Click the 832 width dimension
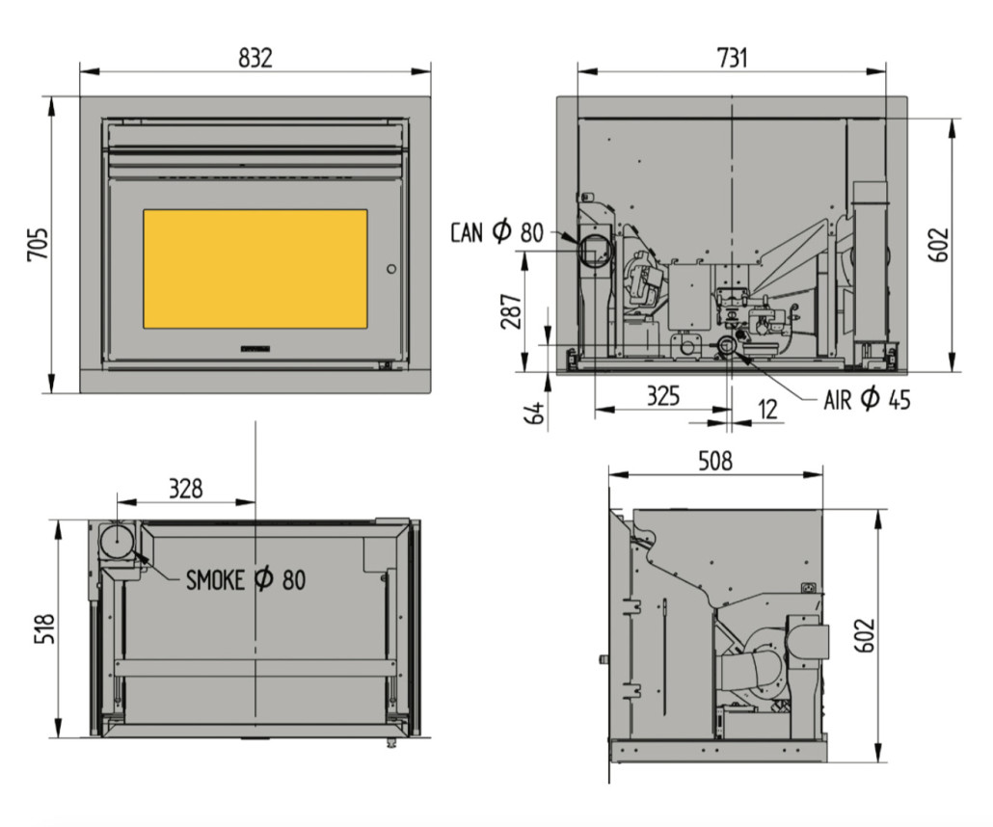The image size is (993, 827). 255,58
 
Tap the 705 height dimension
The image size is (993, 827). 38,244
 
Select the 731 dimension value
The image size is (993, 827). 732,58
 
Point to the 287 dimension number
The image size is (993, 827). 511,311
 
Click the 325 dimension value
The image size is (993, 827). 662,396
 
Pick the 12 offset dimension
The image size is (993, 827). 767,409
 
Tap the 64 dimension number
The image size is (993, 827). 535,413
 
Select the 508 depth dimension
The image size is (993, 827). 715,461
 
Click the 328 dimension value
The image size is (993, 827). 185,489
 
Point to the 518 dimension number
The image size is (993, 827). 44,628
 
